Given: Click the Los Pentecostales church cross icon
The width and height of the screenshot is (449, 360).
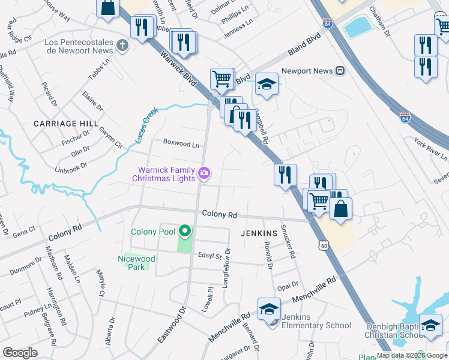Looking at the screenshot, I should (122, 45).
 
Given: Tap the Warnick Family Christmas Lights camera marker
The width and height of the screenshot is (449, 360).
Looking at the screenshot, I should (205, 174).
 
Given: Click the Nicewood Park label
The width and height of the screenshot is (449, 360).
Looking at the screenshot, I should (136, 263).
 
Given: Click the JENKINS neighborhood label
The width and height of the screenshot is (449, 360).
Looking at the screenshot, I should (259, 232).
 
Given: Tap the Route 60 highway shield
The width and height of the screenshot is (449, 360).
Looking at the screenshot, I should (324, 245).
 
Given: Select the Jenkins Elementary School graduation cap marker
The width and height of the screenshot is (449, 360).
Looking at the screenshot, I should (269, 310).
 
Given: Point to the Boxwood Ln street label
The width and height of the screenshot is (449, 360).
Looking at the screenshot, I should (181, 144).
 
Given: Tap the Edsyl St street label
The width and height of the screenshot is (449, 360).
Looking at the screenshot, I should (210, 256).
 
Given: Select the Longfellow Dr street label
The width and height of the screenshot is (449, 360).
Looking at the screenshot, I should (227, 268).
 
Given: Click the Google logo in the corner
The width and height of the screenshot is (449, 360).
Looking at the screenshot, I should (20, 353).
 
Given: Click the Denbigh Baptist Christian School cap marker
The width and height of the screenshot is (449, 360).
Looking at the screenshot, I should (430, 325).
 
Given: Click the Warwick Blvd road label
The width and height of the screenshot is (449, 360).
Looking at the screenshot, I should (179, 68).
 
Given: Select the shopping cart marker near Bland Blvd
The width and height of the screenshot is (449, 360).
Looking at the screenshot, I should (221, 78).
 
